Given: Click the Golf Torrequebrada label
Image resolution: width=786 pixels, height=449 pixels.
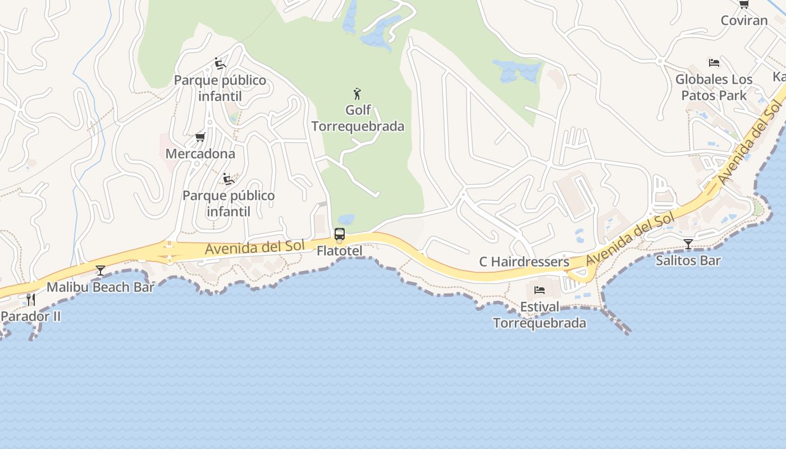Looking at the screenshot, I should pyautogui.click(x=358, y=118).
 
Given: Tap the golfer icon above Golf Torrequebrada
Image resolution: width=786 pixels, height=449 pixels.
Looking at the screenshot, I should pyautogui.click(x=357, y=94).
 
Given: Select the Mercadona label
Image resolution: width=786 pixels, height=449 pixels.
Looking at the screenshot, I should pyautogui.click(x=200, y=153).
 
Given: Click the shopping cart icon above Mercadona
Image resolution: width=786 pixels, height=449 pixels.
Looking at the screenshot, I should pyautogui.click(x=200, y=137).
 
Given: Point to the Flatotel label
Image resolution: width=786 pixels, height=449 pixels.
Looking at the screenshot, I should pyautogui.click(x=339, y=251).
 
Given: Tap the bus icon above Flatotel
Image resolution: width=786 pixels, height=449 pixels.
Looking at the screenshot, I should pyautogui.click(x=339, y=234).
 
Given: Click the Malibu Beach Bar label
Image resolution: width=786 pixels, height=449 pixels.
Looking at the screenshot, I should pyautogui.click(x=100, y=287).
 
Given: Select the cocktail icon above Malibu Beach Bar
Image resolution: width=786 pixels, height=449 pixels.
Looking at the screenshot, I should pyautogui.click(x=100, y=271).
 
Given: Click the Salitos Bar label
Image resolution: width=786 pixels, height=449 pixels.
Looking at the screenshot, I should pyautogui.click(x=688, y=260).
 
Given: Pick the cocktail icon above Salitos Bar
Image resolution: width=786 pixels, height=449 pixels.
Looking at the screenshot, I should pyautogui.click(x=688, y=244).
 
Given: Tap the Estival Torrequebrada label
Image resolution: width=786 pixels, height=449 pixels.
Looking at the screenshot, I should pyautogui.click(x=540, y=315).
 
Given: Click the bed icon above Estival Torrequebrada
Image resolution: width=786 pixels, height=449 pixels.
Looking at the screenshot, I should pyautogui.click(x=540, y=290).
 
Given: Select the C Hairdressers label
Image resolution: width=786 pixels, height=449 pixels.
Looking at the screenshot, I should pyautogui.click(x=524, y=262).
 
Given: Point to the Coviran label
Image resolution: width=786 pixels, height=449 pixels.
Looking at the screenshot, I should pyautogui.click(x=744, y=21).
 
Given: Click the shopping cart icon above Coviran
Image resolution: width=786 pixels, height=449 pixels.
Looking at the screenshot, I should pyautogui.click(x=744, y=4).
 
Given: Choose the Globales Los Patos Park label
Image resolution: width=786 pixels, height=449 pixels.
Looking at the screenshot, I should pyautogui.click(x=714, y=87).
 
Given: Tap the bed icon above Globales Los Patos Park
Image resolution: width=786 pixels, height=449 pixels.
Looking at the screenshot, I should pyautogui.click(x=714, y=62).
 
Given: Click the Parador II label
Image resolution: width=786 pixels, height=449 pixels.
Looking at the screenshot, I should pyautogui.click(x=30, y=316).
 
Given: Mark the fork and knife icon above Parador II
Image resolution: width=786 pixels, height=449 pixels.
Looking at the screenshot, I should pyautogui.click(x=31, y=299).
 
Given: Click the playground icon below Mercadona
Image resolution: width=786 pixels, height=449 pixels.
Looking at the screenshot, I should pyautogui.click(x=228, y=179).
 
